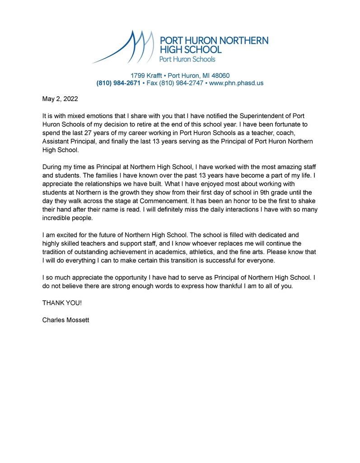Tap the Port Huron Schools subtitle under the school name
click(x=187, y=59)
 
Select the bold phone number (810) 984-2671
click(x=118, y=83)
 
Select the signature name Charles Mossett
click(x=65, y=320)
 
